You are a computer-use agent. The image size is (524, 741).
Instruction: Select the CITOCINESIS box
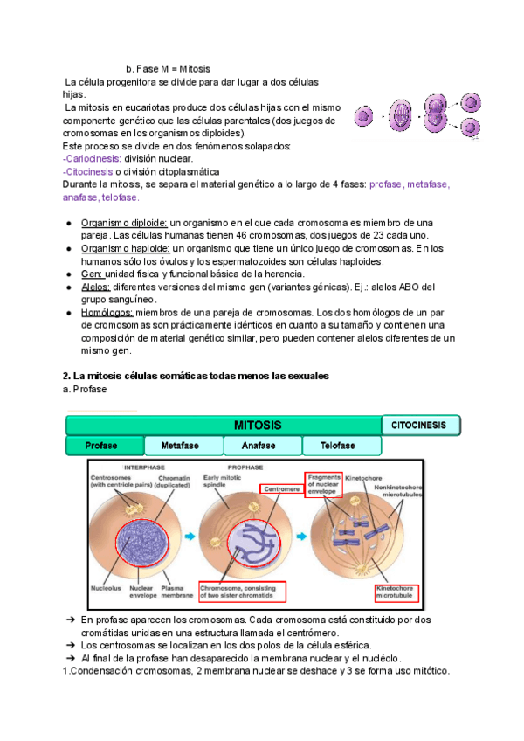tap(421, 426)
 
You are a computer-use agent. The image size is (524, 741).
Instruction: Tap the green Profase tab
tap(104, 447)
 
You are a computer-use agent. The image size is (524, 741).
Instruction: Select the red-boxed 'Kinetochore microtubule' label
tap(396, 594)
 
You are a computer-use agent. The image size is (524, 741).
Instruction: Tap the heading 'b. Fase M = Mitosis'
tap(168, 68)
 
